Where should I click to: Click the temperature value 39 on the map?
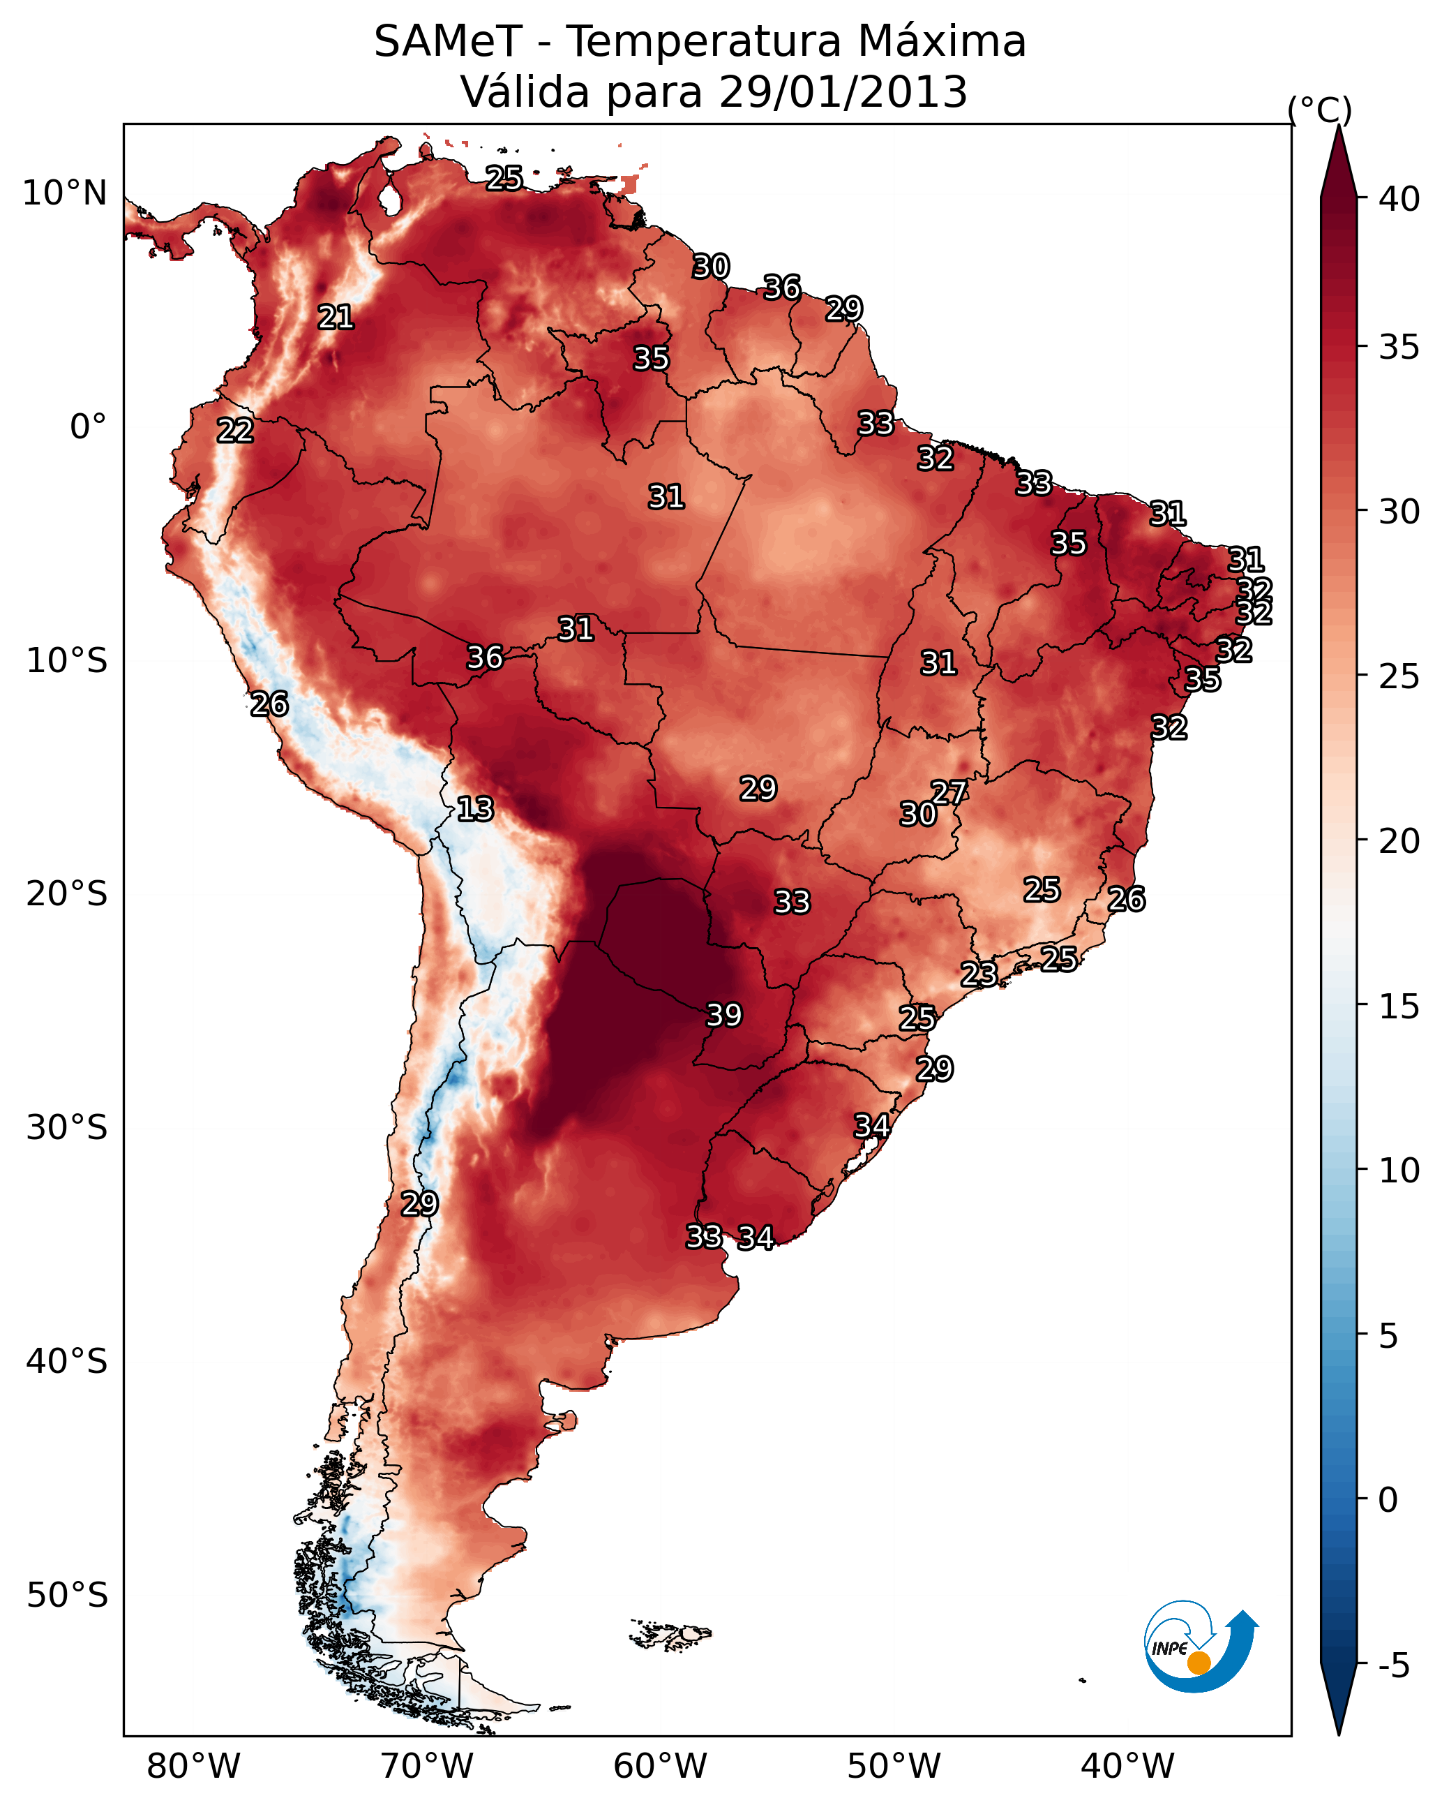[724, 1015]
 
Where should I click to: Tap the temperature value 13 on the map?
[475, 809]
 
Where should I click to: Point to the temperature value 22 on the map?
[235, 431]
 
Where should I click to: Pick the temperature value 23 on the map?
[978, 974]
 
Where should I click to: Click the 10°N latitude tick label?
[64, 193]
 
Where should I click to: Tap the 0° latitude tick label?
[88, 427]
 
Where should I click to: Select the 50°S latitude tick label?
[67, 1595]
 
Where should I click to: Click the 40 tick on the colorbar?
[1399, 199]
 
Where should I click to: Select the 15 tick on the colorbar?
[1399, 1007]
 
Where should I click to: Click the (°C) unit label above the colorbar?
[1320, 110]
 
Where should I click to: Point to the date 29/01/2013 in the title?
[843, 91]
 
